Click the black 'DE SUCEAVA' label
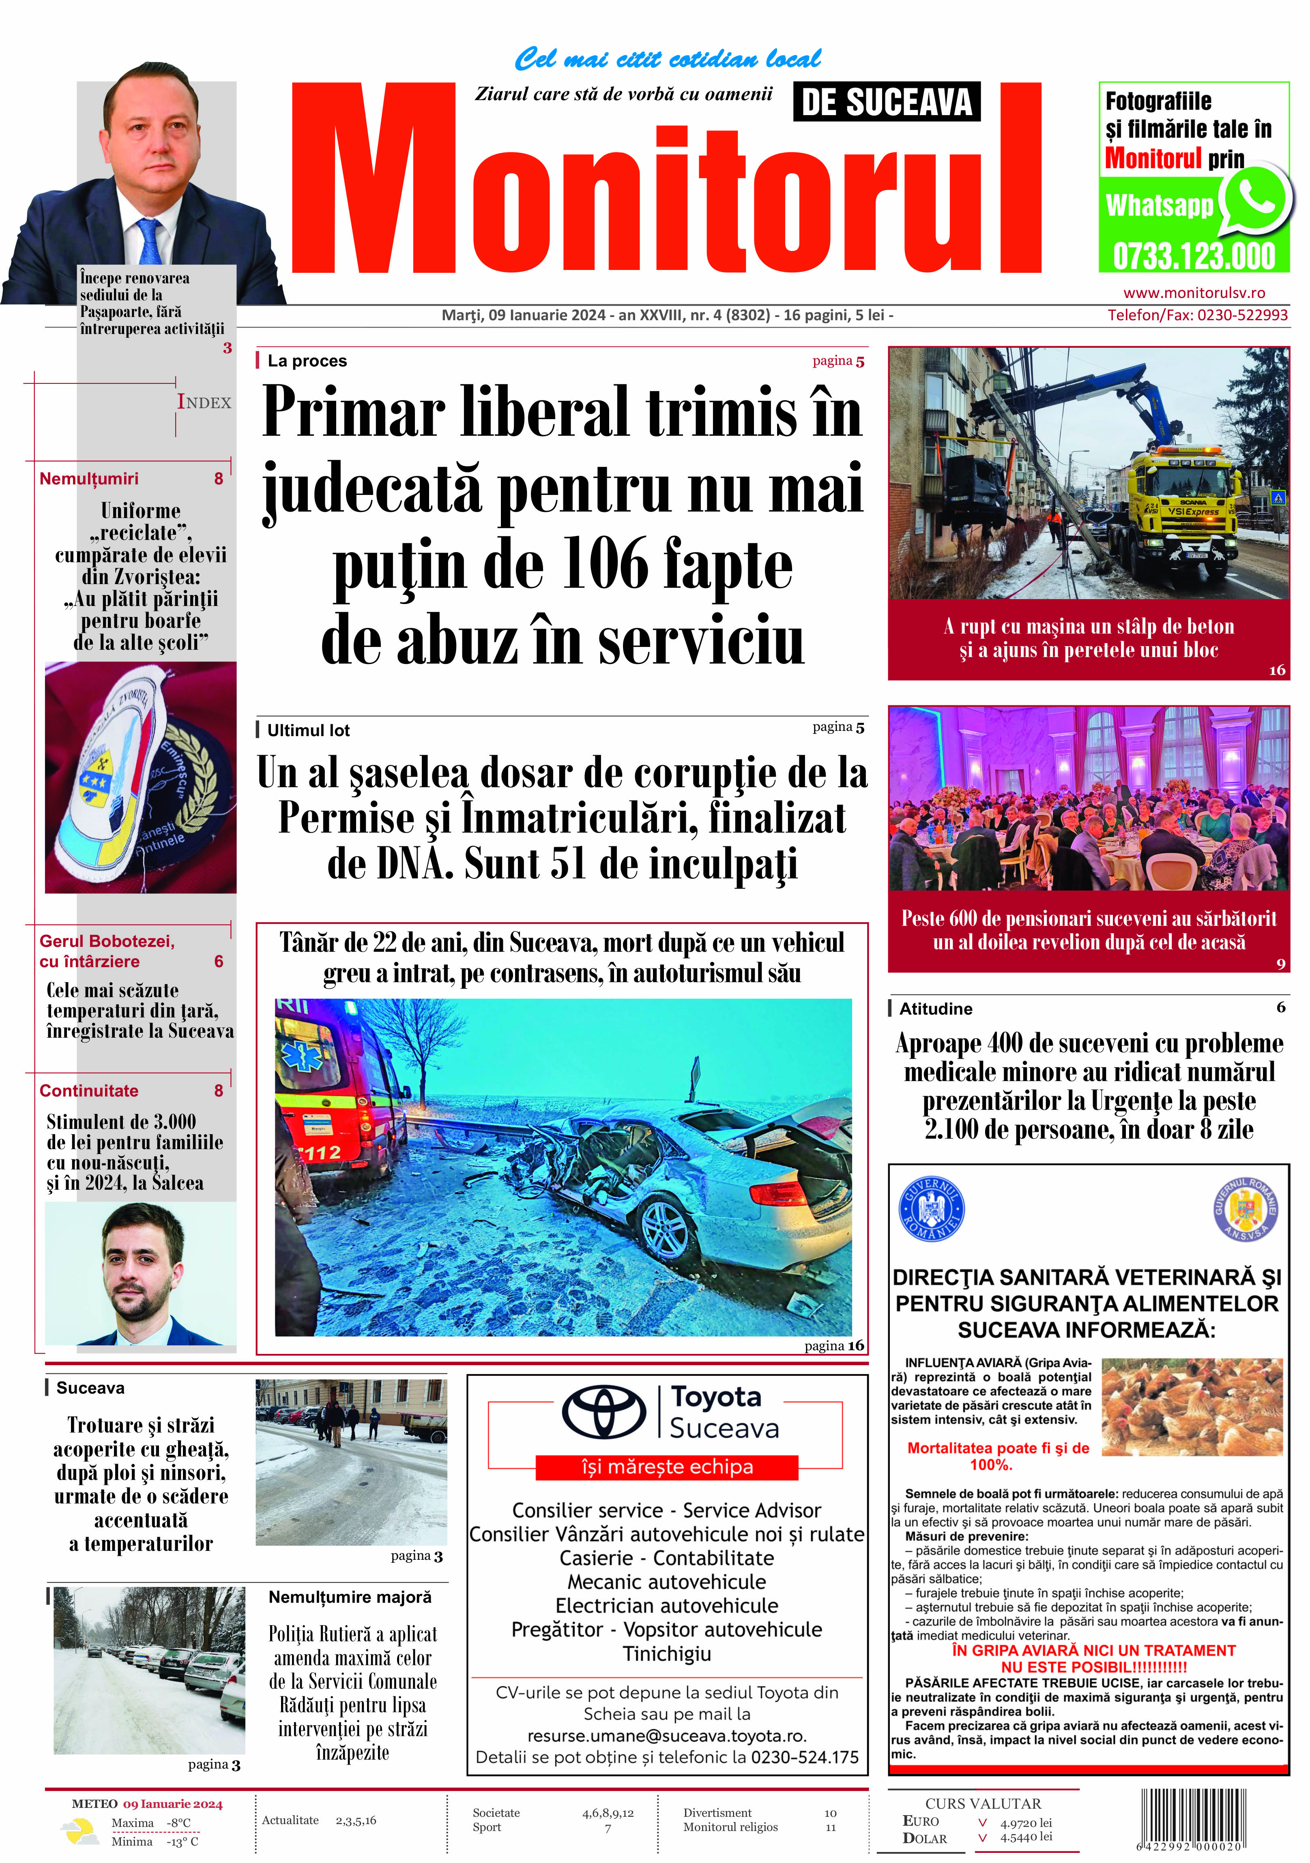[886, 102]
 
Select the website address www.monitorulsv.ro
[1193, 293]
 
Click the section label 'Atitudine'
[935, 1009]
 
